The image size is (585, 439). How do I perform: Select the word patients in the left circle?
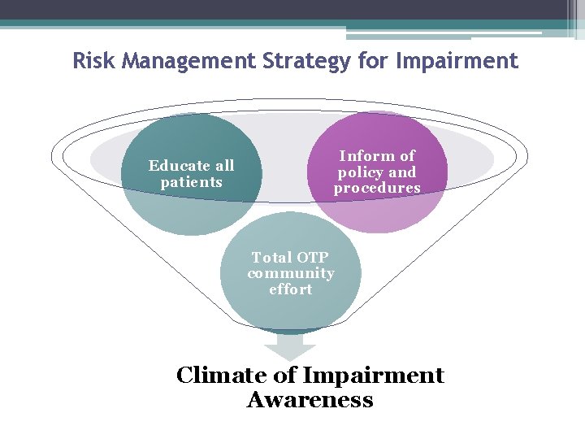click(191, 183)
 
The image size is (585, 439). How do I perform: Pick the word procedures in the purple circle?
click(377, 189)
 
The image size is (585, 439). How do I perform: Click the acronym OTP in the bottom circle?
click(312, 258)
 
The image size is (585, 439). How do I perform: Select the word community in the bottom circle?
click(291, 274)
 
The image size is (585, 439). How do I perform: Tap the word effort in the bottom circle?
click(291, 289)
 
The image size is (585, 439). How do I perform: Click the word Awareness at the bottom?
click(310, 400)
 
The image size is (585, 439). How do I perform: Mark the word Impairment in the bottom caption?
click(373, 376)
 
